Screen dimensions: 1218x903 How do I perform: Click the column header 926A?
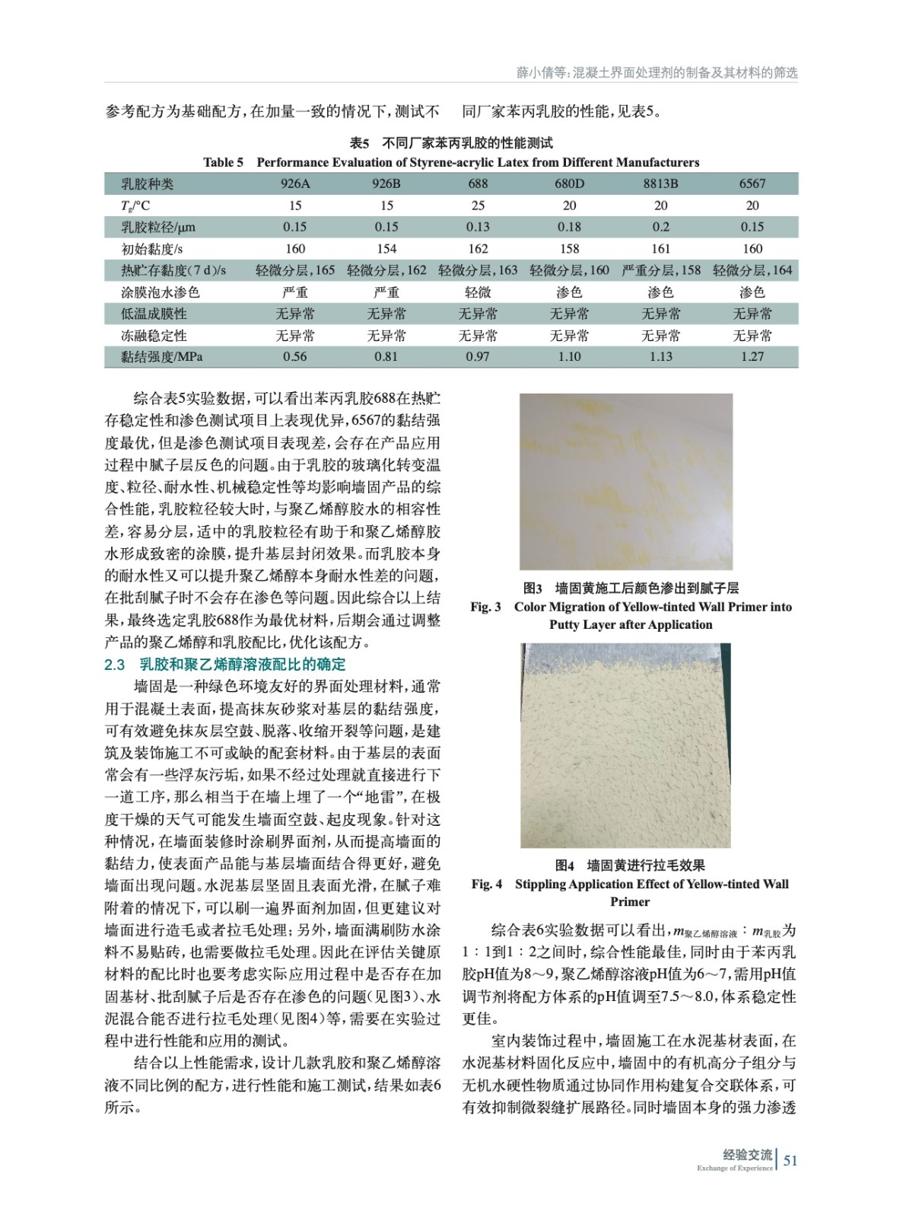tap(295, 183)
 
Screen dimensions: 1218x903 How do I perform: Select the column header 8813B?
tap(660, 183)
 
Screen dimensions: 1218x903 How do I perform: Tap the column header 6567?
tap(752, 183)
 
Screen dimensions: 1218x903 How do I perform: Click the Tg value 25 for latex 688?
tap(478, 206)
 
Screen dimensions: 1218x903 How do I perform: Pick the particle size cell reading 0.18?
tap(569, 227)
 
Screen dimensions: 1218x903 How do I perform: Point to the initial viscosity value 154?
tap(386, 248)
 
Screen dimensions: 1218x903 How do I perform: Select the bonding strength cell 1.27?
tap(752, 356)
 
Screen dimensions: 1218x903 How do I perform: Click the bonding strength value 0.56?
tap(295, 356)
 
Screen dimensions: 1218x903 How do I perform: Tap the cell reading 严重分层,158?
tap(660, 270)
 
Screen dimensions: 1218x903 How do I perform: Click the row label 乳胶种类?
tap(148, 183)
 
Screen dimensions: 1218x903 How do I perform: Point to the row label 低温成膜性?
tap(154, 314)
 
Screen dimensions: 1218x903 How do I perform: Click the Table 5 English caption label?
tap(223, 162)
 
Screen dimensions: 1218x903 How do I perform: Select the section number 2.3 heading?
tap(114, 665)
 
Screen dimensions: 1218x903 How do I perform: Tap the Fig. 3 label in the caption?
tap(485, 607)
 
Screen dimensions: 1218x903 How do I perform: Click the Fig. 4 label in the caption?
tap(486, 884)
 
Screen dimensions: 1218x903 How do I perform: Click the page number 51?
tap(790, 1161)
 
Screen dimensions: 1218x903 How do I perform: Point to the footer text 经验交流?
tap(748, 1155)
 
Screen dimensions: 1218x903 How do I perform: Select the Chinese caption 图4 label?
tap(564, 865)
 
